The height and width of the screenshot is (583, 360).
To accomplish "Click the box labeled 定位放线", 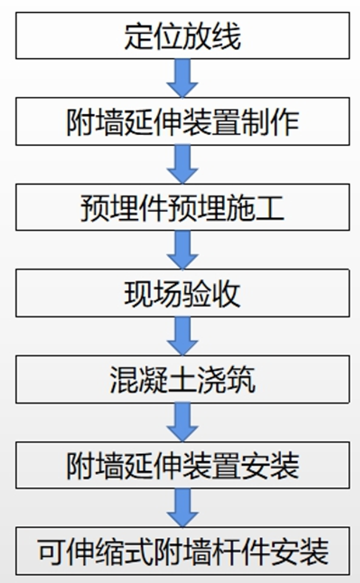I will (182, 37).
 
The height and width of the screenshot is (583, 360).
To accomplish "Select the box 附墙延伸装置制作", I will (182, 122).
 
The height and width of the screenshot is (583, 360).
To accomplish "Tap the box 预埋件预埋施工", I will (182, 208).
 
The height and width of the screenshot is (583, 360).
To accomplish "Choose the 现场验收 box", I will (182, 294).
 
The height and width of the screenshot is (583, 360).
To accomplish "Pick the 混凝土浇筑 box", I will (182, 380).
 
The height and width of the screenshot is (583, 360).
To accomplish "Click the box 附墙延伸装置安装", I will (182, 465).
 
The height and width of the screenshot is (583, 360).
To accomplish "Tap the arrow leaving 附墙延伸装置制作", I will (183, 165).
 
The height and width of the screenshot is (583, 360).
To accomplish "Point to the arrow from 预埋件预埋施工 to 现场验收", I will (183, 251).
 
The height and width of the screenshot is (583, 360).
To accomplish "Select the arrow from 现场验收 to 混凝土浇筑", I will (183, 336).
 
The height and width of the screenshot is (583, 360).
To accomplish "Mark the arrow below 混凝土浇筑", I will (183, 422).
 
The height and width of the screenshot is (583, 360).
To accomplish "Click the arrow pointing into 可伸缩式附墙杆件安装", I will (183, 507).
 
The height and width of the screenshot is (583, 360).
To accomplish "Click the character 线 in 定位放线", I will (226, 37).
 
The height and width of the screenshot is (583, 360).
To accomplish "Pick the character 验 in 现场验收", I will (197, 294).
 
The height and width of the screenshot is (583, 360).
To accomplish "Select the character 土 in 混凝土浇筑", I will (182, 380).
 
